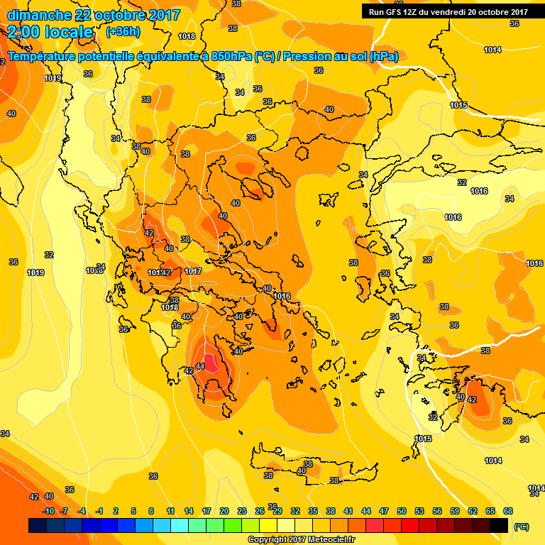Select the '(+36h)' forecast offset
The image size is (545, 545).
[123, 32]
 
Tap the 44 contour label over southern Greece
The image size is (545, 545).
[200, 366]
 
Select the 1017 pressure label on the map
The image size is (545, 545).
[193, 271]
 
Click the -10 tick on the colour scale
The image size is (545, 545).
[48, 511]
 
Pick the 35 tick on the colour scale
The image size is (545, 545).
[314, 511]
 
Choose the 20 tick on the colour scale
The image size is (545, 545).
[224, 511]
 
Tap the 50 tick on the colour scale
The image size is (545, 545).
[402, 511]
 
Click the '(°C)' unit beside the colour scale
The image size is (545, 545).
[521, 527]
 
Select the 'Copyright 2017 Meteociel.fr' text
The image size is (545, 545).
[302, 539]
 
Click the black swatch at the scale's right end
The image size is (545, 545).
[499, 526]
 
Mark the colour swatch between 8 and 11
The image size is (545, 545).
[162, 526]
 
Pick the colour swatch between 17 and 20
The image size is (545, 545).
[215, 526]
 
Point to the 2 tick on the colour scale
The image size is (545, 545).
[117, 511]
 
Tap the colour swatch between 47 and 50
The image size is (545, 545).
[392, 526]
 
